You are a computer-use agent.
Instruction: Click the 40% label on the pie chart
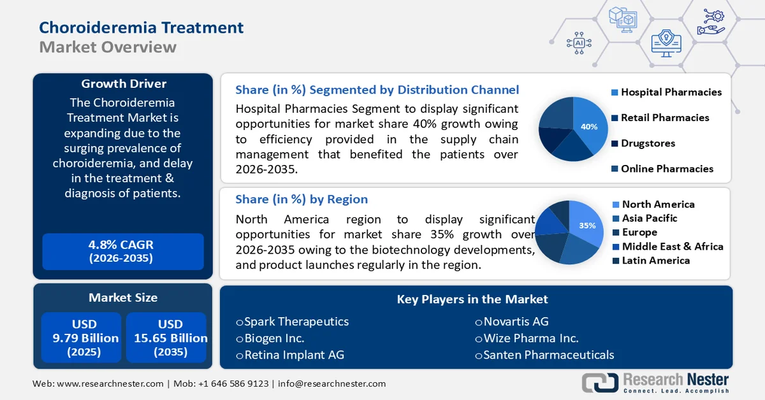point(589,127)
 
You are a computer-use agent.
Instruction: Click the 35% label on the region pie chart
point(587,225)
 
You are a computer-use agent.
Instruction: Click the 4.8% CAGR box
point(123,251)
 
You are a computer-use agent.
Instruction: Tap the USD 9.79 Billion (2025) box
point(80,338)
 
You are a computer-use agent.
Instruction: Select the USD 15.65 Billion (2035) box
point(166,338)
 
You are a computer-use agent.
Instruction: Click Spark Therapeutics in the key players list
point(293,322)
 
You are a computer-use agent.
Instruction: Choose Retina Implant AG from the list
point(290,355)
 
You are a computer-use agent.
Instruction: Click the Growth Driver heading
point(124,84)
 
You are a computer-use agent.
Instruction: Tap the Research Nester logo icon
point(599,382)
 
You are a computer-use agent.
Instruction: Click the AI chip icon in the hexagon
point(579,43)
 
